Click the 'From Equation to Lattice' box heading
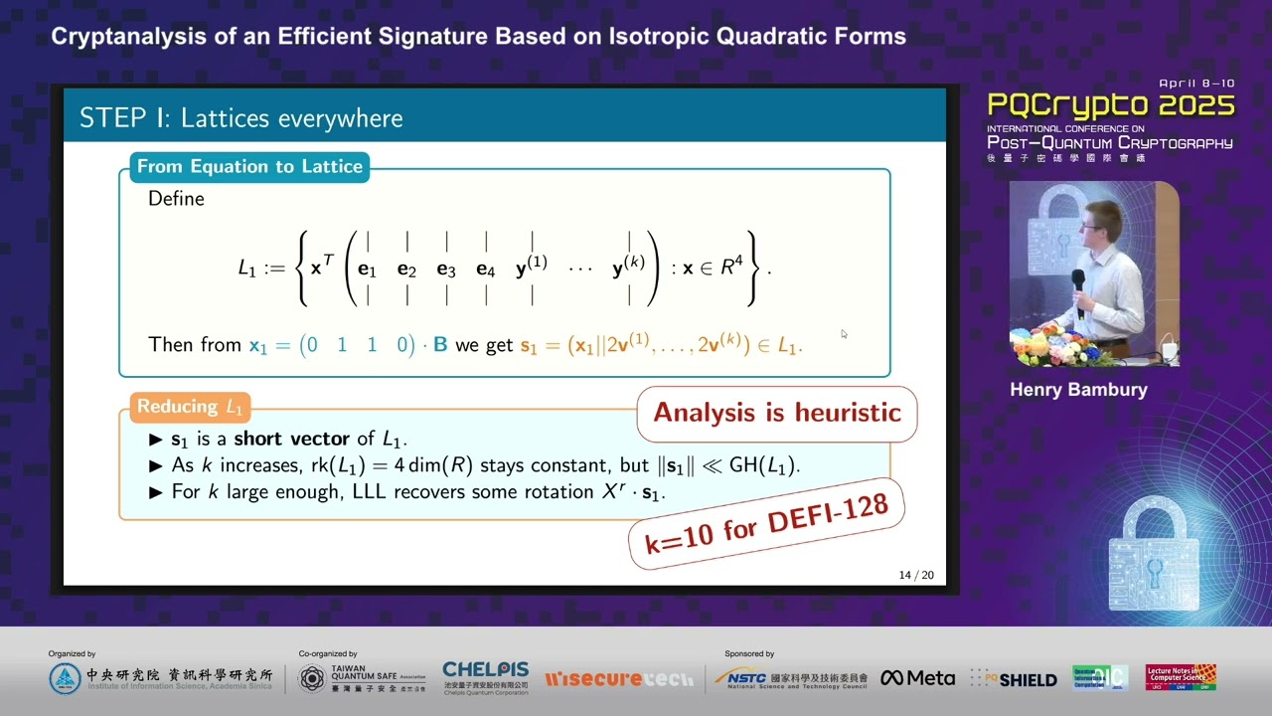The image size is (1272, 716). pyautogui.click(x=249, y=166)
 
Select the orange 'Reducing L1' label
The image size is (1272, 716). pyautogui.click(x=190, y=406)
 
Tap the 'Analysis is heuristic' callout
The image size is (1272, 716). pyautogui.click(x=776, y=413)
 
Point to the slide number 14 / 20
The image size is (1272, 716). pyautogui.click(x=915, y=575)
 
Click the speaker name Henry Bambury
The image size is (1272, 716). pyautogui.click(x=1078, y=390)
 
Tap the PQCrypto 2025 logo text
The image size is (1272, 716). pyautogui.click(x=1110, y=106)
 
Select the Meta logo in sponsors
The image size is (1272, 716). pyautogui.click(x=917, y=678)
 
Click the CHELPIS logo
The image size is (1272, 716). pyautogui.click(x=485, y=677)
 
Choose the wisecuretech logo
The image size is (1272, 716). pyautogui.click(x=619, y=679)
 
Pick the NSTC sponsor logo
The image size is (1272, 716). pyautogui.click(x=791, y=678)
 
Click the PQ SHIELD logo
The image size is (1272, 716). pyautogui.click(x=1014, y=679)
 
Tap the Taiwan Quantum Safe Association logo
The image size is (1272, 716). pyautogui.click(x=362, y=679)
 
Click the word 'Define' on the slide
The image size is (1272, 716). pyautogui.click(x=176, y=199)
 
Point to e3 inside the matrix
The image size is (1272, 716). pyautogui.click(x=446, y=269)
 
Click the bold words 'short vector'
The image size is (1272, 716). pyautogui.click(x=291, y=439)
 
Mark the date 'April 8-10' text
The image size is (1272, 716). pyautogui.click(x=1195, y=85)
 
